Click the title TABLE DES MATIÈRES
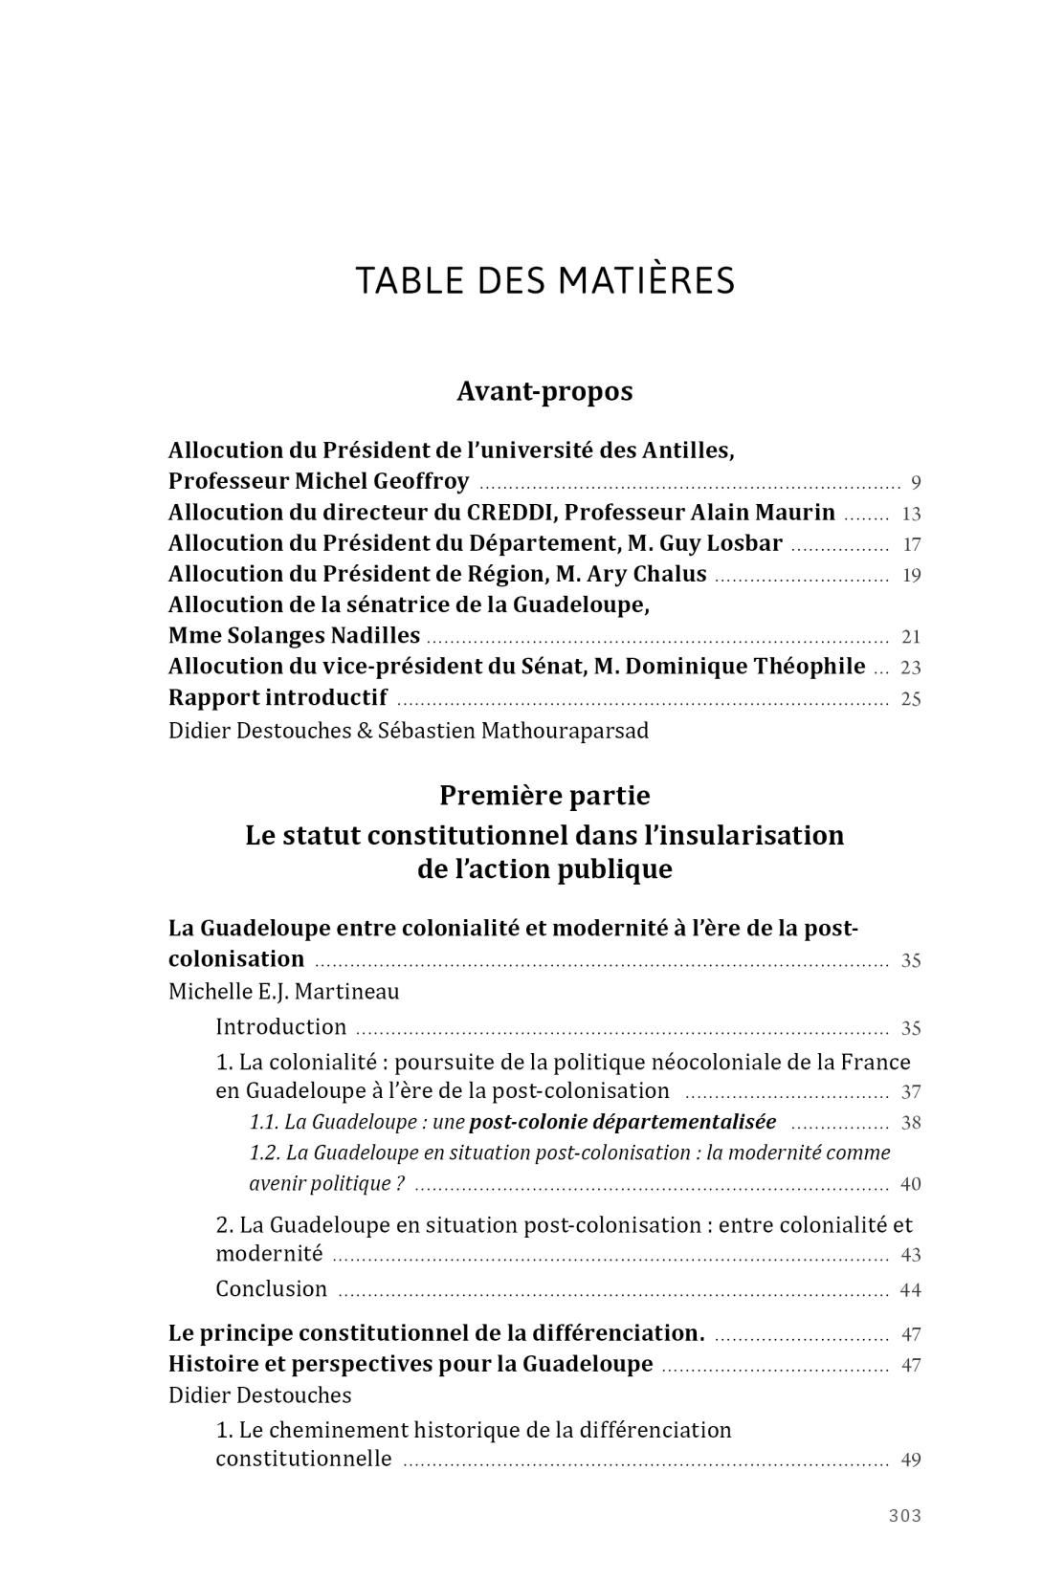coord(544,280)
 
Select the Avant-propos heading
coord(544,391)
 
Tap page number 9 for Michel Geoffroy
coord(916,483)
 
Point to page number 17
coord(911,545)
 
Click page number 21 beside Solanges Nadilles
coord(911,637)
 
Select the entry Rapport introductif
coord(277,697)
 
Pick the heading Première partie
coord(544,796)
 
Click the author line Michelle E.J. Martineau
coord(283,991)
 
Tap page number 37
coord(911,1092)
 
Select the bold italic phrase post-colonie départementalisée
coord(623,1122)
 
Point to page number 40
coord(911,1184)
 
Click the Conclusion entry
coord(271,1289)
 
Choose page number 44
coord(911,1290)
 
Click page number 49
coord(911,1460)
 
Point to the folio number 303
coord(904,1515)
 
